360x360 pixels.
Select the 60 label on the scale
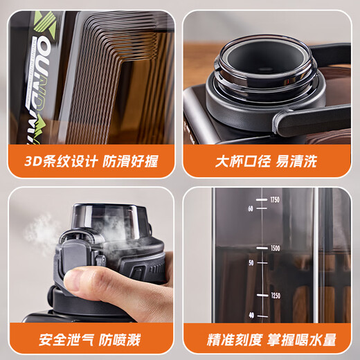[x=251, y=207]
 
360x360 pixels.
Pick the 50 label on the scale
[x=251, y=262]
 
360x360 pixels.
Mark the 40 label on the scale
[x=251, y=316]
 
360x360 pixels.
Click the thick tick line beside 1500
[x=261, y=247]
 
